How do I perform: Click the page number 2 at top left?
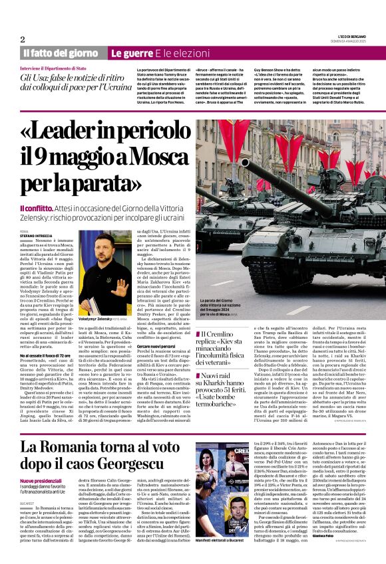point(22,39)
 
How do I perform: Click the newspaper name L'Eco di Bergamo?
point(349,37)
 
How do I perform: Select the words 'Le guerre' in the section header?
point(126,52)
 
